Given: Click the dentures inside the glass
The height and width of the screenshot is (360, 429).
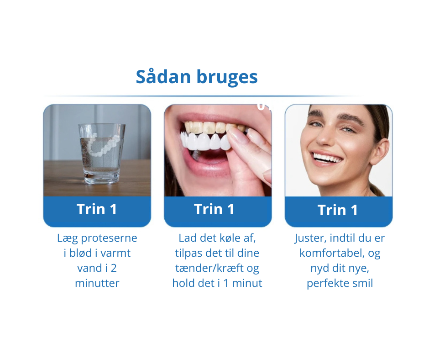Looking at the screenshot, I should point(104,145).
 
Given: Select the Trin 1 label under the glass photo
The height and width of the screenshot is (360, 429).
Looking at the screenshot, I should point(97,209).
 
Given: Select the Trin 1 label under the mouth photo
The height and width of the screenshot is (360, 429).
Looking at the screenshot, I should point(214,209).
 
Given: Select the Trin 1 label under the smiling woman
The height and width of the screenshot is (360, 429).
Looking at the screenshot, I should point(338,210).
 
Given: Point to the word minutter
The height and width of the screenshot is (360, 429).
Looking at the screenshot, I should point(97,283).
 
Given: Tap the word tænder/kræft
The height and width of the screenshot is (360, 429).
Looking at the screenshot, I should point(211,268).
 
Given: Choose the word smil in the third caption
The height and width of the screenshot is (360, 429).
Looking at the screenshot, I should point(362,283).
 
